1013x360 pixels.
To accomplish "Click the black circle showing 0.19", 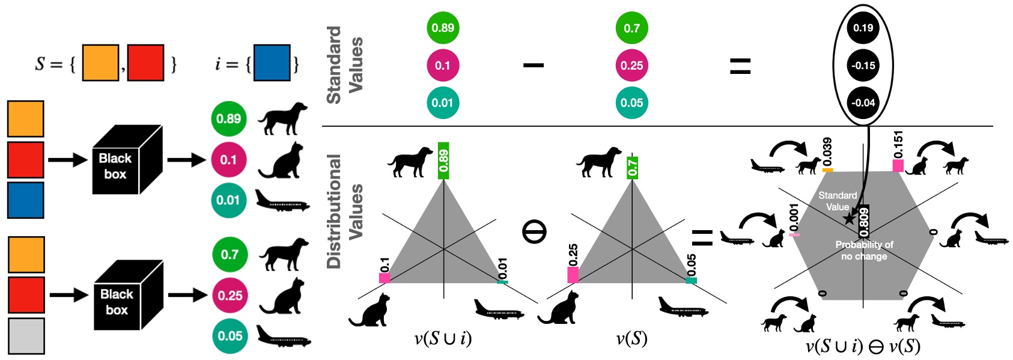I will pyautogui.click(x=863, y=28).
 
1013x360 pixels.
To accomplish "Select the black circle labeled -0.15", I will pyautogui.click(x=863, y=66).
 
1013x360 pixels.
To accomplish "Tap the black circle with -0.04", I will pyautogui.click(x=863, y=103).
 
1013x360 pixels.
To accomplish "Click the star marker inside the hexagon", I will pyautogui.click(x=849, y=219).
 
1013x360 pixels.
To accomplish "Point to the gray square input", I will pyautogui.click(x=26, y=336).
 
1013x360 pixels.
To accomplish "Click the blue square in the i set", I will pyautogui.click(x=272, y=63).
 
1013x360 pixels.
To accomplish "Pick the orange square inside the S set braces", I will pyautogui.click(x=100, y=63).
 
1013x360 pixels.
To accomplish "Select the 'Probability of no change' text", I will pyautogui.click(x=864, y=250).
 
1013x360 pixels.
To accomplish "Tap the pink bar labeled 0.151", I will pyautogui.click(x=898, y=165).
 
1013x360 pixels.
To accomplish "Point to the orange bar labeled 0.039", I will pyautogui.click(x=827, y=170).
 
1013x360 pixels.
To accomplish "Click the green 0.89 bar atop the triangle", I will pyautogui.click(x=443, y=160).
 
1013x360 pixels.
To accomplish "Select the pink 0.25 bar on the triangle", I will pyautogui.click(x=573, y=275).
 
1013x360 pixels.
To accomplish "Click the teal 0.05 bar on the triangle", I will pyautogui.click(x=691, y=280).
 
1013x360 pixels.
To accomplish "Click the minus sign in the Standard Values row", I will pyautogui.click(x=533, y=65).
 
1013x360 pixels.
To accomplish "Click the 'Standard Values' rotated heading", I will pyautogui.click(x=345, y=64).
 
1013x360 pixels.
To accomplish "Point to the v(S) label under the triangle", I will pyautogui.click(x=631, y=340).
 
